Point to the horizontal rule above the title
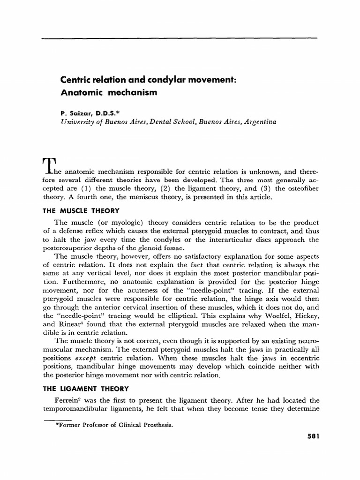point(180,38)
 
